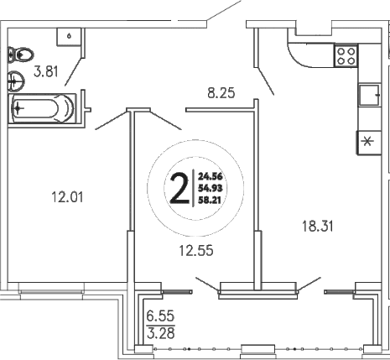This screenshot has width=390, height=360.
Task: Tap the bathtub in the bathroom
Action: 43,107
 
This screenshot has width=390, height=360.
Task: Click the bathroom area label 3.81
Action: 45,73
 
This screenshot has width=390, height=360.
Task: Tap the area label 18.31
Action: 316,224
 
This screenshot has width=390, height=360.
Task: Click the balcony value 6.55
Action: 159,318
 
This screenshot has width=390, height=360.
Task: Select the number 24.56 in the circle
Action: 209,176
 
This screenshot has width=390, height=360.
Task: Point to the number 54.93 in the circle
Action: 209,190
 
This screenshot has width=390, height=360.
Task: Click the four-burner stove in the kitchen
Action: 346,55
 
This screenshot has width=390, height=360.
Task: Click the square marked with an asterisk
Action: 367,142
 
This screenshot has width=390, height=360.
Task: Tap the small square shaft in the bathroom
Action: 66,36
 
